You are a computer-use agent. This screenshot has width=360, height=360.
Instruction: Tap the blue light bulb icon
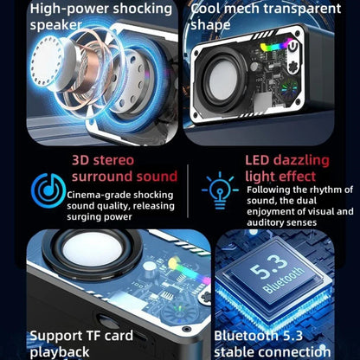click(220, 190)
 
